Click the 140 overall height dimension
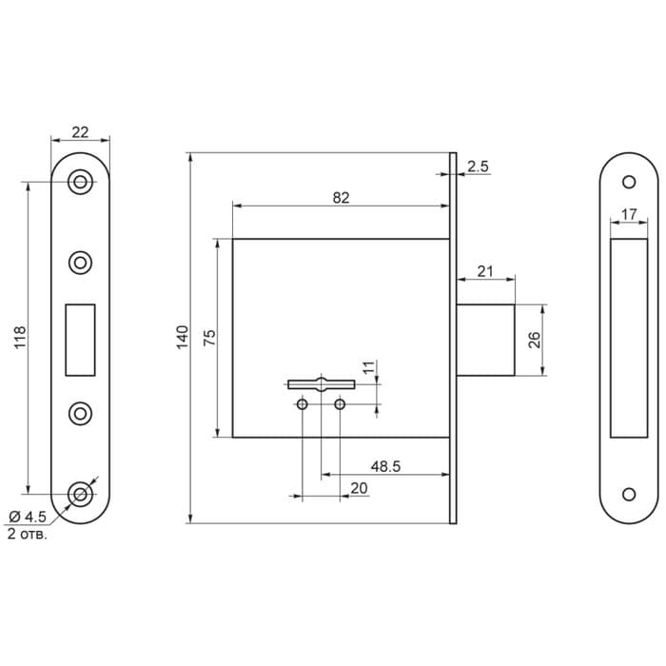[x=183, y=337]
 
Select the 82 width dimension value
[x=341, y=198]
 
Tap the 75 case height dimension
[x=209, y=338]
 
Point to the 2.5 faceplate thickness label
[x=478, y=166]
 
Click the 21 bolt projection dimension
[x=485, y=271]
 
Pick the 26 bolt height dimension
[x=534, y=340]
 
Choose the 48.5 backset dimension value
[x=385, y=466]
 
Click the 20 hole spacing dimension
[x=359, y=488]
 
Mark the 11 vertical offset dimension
[x=369, y=367]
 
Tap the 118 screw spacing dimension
[x=20, y=338]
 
